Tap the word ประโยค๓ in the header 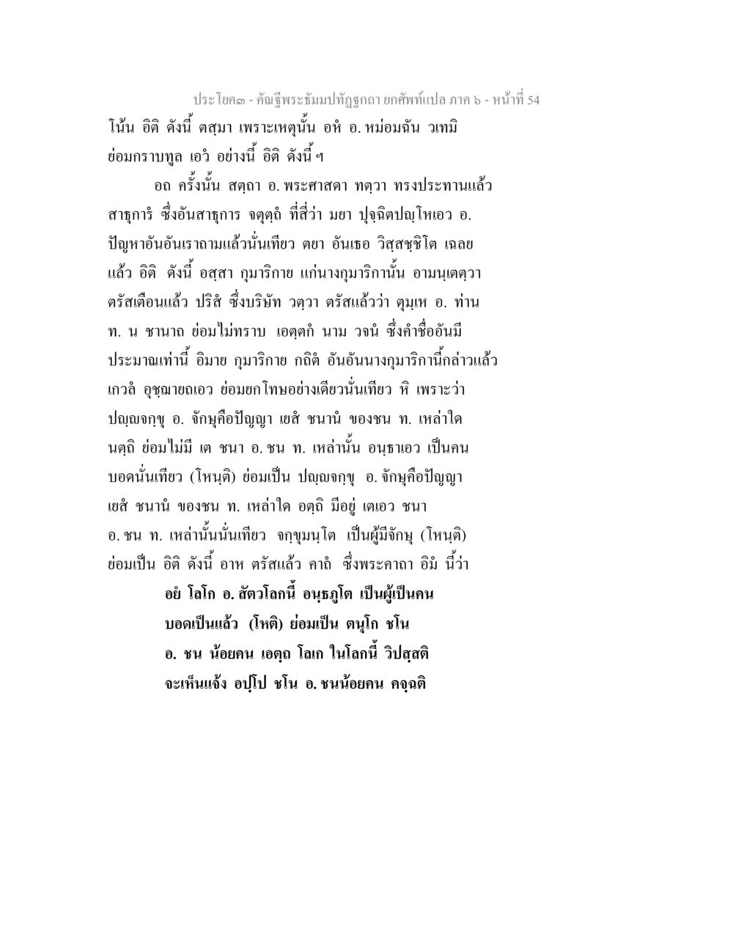coord(217,100)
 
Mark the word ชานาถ coord(175,331)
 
